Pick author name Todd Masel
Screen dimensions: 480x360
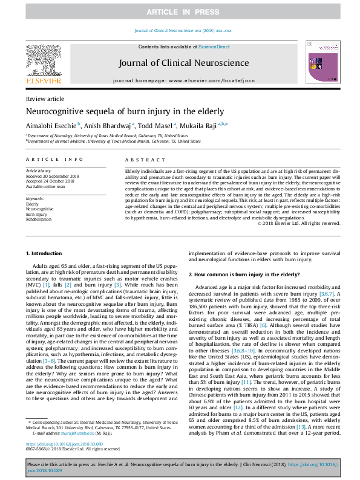pyautogui.click(x=154, y=126)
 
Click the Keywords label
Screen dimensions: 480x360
pyautogui.click(x=36, y=198)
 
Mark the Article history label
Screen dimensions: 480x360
pyautogui.click(x=39, y=171)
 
